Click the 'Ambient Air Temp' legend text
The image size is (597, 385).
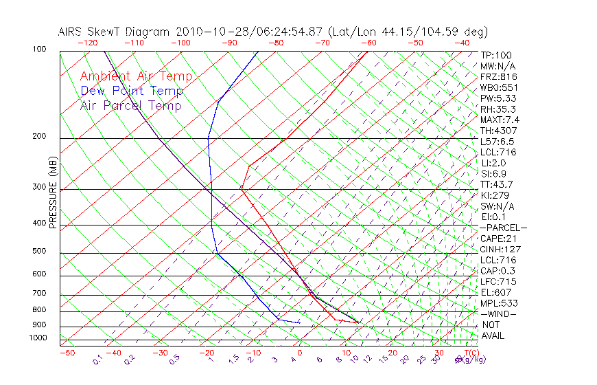[x=136, y=76]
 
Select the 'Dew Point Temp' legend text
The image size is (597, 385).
[x=132, y=91]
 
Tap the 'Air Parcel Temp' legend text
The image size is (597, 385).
[x=130, y=105]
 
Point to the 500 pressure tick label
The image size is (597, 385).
[x=38, y=252]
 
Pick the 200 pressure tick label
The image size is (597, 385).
[x=38, y=137]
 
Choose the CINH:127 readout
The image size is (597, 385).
[x=499, y=250]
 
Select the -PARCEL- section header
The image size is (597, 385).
[x=503, y=228]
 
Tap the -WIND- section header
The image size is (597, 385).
[x=499, y=313]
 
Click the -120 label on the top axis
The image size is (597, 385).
[x=87, y=43]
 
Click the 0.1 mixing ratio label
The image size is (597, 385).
[x=98, y=359]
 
